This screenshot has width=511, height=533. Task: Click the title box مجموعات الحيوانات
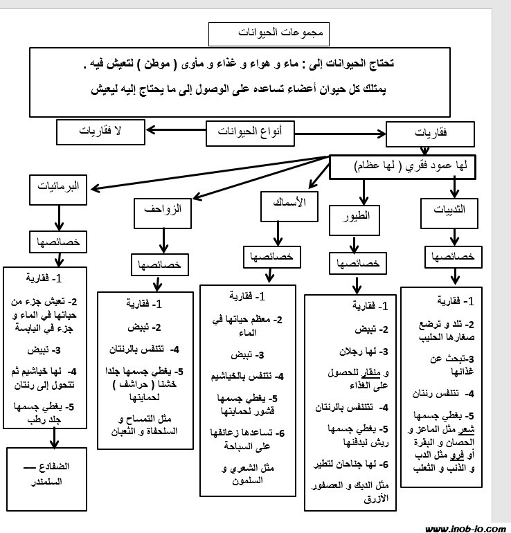pyautogui.click(x=269, y=33)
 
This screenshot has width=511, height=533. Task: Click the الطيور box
pyautogui.click(x=355, y=216)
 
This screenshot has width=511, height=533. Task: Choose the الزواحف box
pyautogui.click(x=163, y=213)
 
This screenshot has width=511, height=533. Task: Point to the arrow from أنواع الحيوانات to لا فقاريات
pyautogui.click(x=174, y=130)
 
